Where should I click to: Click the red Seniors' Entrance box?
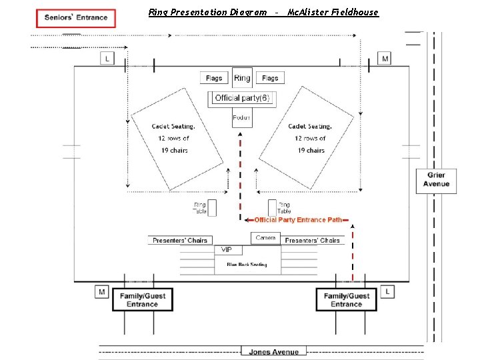76,18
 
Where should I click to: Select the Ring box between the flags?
242,78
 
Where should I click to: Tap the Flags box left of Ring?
214,78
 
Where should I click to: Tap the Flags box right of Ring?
270,78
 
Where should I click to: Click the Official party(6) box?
241,98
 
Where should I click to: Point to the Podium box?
241,118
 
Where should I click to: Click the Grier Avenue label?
437,179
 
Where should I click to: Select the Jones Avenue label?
274,351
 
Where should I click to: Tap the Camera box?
265,238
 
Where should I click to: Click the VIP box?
227,249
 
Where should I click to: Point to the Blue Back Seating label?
246,265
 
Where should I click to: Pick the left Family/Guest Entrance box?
142,299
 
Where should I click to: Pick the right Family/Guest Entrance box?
346,299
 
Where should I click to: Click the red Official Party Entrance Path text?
298,219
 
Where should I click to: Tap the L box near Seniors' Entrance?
107,59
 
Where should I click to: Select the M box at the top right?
385,59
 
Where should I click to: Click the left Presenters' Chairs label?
179,240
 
